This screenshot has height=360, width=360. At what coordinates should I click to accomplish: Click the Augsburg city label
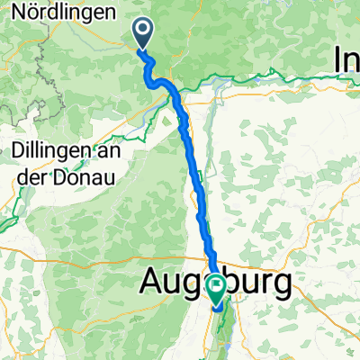click(216, 285)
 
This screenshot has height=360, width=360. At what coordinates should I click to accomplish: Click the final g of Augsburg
click(281, 288)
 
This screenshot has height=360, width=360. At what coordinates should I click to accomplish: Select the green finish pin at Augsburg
click(217, 290)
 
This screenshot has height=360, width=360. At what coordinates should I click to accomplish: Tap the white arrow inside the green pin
click(217, 287)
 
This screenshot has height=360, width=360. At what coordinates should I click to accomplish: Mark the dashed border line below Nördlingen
click(40, 63)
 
